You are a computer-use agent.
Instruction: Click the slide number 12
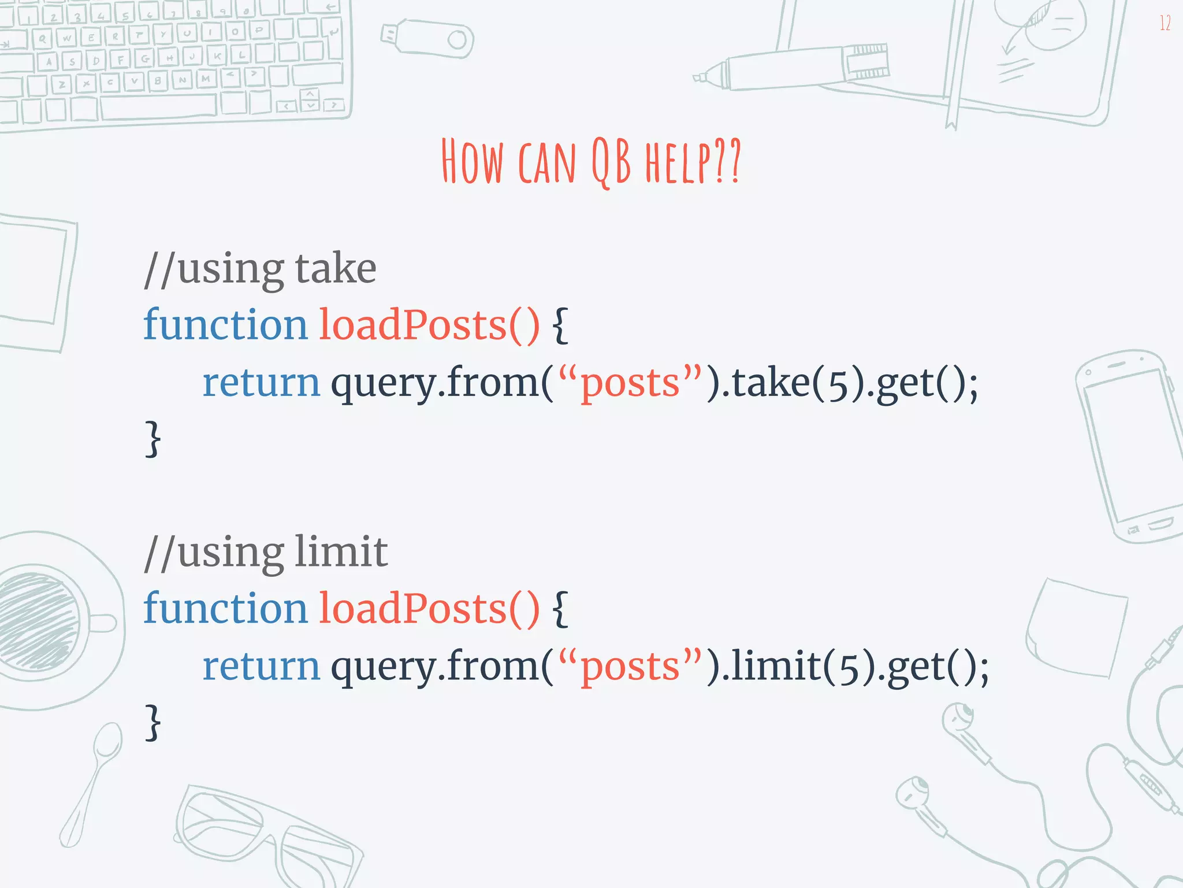1165,23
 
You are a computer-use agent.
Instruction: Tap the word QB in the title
611,162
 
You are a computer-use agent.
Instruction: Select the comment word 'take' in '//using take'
335,269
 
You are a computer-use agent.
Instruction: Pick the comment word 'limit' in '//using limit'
341,552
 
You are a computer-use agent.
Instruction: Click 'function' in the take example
225,325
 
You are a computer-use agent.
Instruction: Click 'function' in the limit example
225,608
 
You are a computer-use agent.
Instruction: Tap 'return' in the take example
261,383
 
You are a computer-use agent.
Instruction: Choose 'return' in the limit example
261,666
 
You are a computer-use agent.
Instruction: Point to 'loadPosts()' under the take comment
429,325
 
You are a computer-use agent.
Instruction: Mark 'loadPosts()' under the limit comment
429,608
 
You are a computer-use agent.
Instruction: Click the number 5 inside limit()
849,668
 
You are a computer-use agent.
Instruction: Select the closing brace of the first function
152,439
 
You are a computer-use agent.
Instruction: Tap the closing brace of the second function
152,723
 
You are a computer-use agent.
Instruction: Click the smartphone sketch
1129,445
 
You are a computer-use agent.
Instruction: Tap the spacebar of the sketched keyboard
159,107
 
